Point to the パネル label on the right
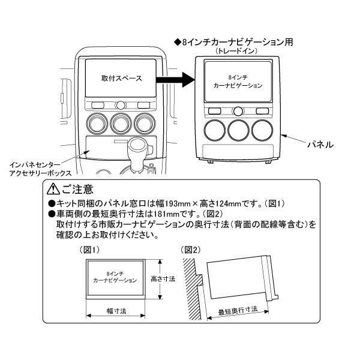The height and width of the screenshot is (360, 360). click(320, 145)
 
